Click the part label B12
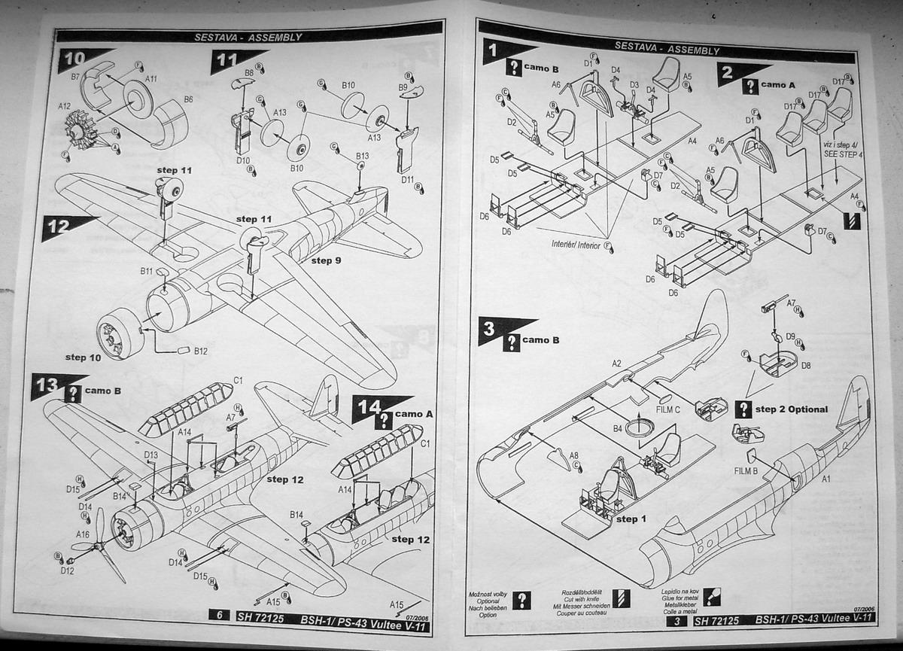coord(200,351)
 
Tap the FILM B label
coord(745,471)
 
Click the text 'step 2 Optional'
coord(791,409)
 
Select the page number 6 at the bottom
coord(220,615)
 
